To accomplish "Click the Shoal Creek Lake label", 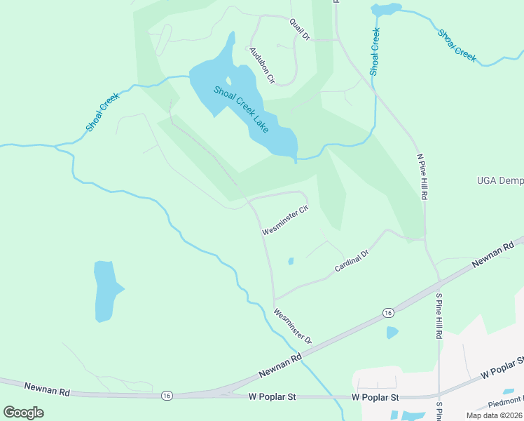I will coord(241,109).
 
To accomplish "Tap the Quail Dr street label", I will coord(300,29).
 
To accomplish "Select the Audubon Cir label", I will coord(261,65).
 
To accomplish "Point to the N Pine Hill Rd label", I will coord(422,177).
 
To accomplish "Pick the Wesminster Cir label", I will coord(285,220).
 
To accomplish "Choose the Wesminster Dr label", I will coord(293,326).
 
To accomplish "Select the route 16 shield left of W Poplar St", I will coord(166,396).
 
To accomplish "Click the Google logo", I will coord(24,412).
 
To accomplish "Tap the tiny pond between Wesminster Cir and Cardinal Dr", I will coord(291,262).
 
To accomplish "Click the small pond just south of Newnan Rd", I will coord(392,333).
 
